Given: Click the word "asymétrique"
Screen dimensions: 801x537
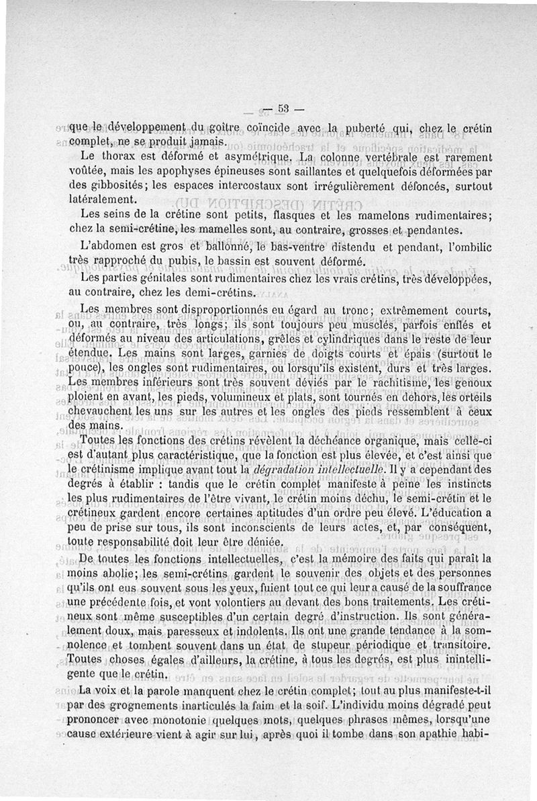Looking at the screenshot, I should [254, 157].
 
